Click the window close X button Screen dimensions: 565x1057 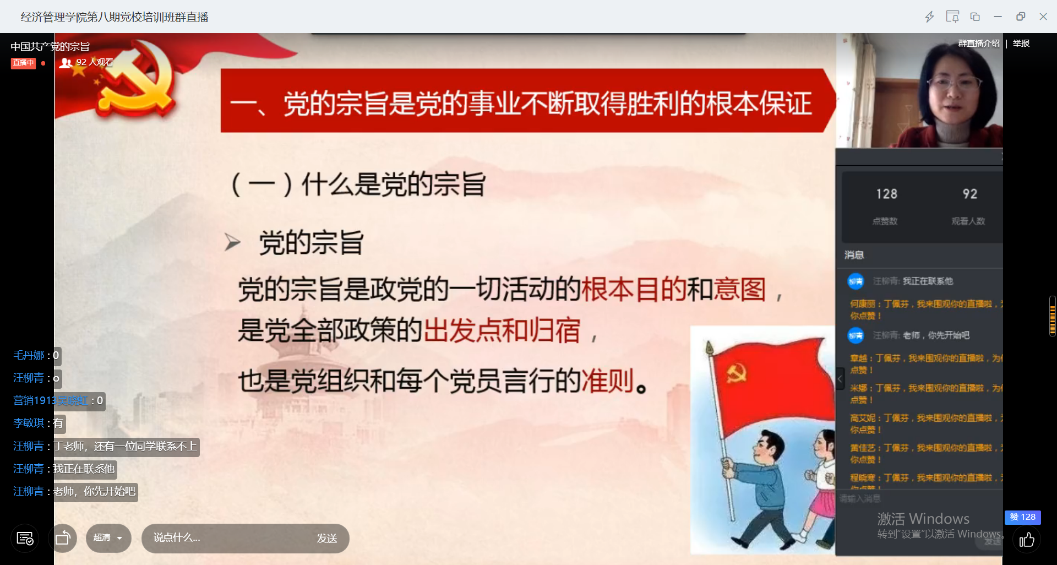(x=1043, y=17)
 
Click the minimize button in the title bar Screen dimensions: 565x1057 (x=998, y=17)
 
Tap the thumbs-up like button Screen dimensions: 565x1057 (x=1026, y=540)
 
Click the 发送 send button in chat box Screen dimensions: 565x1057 (x=326, y=538)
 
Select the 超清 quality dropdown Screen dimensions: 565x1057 (x=108, y=537)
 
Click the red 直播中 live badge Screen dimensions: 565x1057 (x=23, y=63)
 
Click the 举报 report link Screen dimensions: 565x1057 (x=1021, y=43)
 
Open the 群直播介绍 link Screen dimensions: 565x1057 (x=978, y=43)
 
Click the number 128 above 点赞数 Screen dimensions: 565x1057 (x=886, y=194)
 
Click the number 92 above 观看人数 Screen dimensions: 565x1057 (x=969, y=194)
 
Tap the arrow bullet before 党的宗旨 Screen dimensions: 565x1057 (x=232, y=242)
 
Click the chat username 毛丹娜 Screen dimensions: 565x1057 (x=29, y=355)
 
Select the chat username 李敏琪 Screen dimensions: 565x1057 (x=29, y=423)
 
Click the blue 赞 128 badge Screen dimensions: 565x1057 (x=1022, y=517)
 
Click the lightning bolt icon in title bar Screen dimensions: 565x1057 (x=929, y=17)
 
